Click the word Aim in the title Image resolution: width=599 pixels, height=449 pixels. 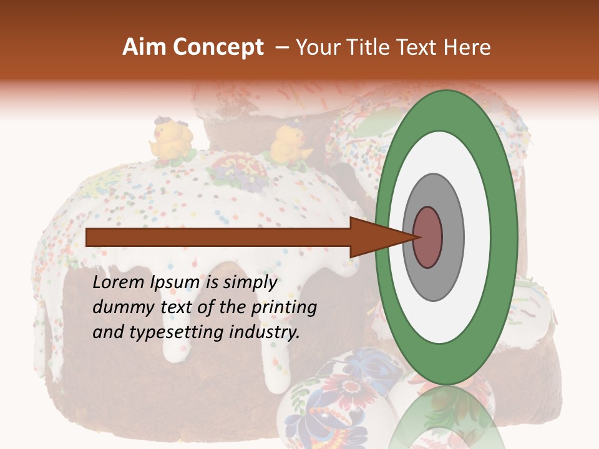tap(145, 47)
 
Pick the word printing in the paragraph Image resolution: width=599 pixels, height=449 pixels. tap(284, 307)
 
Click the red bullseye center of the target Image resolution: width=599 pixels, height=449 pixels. tap(427, 237)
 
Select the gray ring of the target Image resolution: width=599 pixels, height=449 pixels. tap(452, 237)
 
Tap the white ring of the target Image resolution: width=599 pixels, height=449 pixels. tap(477, 237)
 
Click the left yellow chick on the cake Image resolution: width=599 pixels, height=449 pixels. tap(170, 141)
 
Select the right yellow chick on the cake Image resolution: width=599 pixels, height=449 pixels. tap(288, 145)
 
